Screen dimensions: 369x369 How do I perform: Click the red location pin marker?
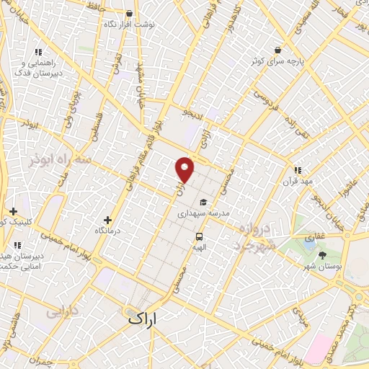pyautogui.click(x=184, y=170)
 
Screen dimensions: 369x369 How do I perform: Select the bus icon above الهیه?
pyautogui.click(x=199, y=236)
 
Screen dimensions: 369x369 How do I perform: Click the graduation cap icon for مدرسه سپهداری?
pyautogui.click(x=204, y=203)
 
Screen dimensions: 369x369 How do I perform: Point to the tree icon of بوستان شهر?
pyautogui.click(x=321, y=255)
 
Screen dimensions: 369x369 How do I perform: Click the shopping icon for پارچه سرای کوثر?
pyautogui.click(x=277, y=50)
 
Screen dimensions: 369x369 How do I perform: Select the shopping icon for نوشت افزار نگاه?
pyautogui.click(x=129, y=13)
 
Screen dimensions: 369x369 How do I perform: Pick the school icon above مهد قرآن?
pyautogui.click(x=298, y=170)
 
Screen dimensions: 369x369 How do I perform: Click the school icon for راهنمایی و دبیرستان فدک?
pyautogui.click(x=38, y=52)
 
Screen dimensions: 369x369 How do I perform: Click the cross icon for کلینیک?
pyautogui.click(x=13, y=211)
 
